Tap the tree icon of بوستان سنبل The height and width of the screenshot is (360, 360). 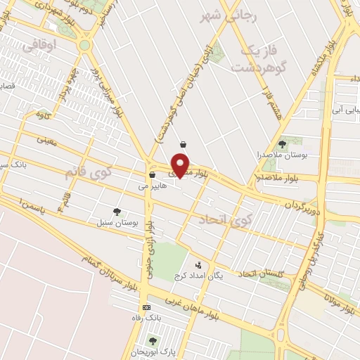click(117, 211)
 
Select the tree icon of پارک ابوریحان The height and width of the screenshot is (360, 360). click(153, 341)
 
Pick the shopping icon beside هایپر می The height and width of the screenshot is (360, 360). click(152, 175)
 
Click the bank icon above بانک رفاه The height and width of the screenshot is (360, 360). click(146, 307)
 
